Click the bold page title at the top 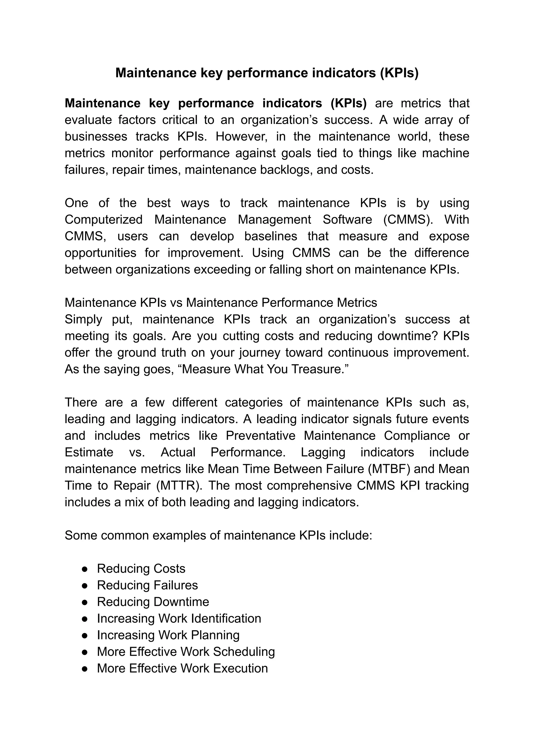[267, 73]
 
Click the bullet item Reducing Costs [141, 568]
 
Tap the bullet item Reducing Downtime [153, 602]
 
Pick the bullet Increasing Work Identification [179, 618]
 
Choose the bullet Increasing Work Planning [168, 635]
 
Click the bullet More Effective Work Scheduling [186, 651]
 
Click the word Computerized [103, 220]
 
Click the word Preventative [260, 436]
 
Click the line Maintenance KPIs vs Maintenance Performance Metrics [221, 303]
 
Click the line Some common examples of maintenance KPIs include [218, 535]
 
